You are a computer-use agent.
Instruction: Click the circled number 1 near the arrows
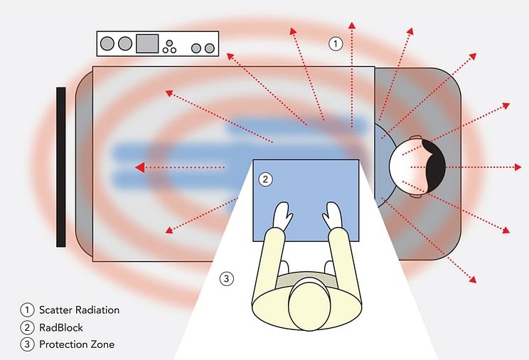[x=336, y=43]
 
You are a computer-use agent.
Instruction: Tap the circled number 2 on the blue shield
[x=265, y=179]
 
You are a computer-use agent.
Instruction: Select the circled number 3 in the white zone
[x=226, y=279]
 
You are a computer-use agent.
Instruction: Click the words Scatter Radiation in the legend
[x=80, y=310]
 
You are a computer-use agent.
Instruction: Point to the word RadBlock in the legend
[x=61, y=327]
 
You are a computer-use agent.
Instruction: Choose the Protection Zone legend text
[x=77, y=344]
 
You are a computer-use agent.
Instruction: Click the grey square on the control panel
[x=147, y=43]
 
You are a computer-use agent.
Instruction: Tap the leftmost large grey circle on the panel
[x=107, y=43]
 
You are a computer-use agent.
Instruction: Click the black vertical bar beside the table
[x=61, y=167]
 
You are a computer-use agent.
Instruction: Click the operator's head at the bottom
[x=309, y=304]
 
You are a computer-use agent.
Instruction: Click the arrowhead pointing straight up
[x=352, y=26]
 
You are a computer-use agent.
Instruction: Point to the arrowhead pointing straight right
[x=518, y=167]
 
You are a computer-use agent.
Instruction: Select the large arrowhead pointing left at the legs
[x=140, y=167]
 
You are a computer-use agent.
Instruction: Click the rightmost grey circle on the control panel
[x=210, y=48]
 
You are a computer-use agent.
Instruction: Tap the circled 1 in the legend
[x=27, y=310]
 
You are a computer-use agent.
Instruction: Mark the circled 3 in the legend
[x=27, y=344]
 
